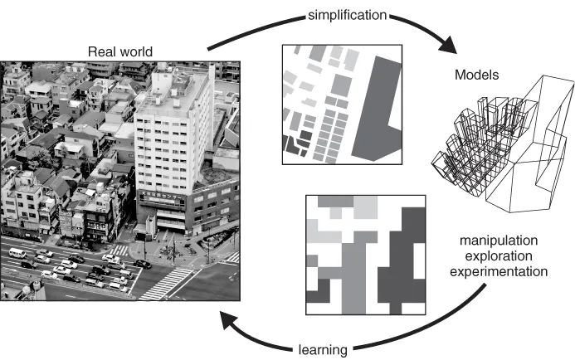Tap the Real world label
point(121,51)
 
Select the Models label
point(475,75)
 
